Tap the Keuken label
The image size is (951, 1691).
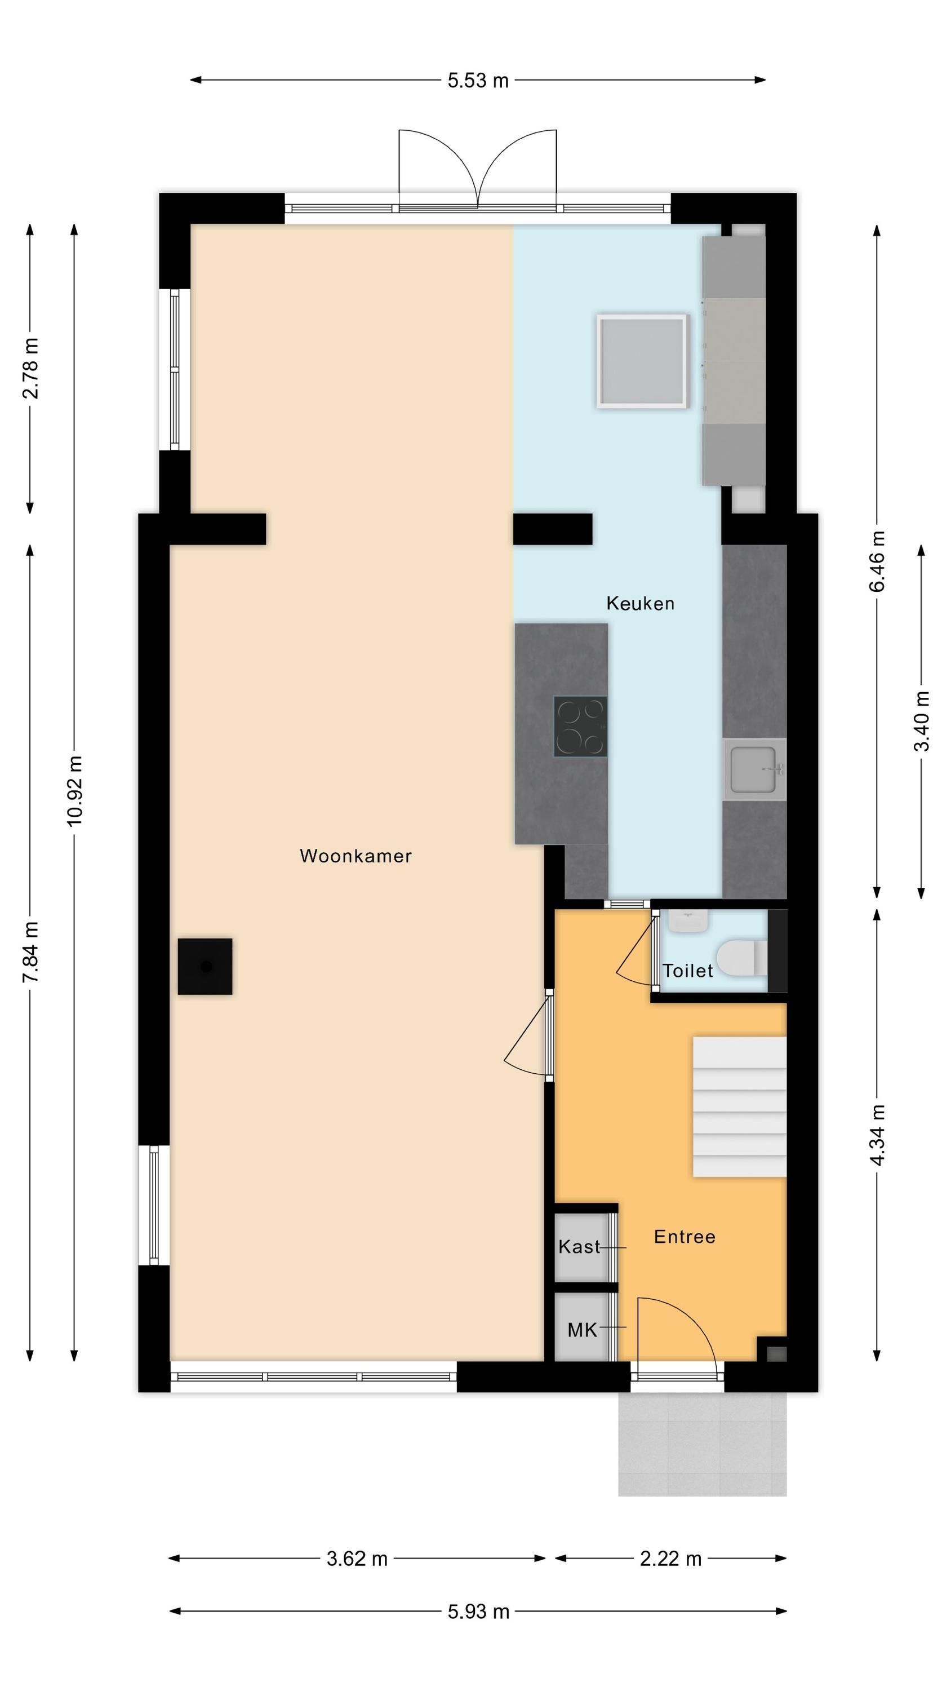click(x=640, y=603)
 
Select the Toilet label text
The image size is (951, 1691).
click(x=688, y=970)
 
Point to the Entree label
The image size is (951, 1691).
click(x=685, y=1236)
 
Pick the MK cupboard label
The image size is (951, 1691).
click(x=582, y=1330)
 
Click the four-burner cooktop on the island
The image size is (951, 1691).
click(x=580, y=726)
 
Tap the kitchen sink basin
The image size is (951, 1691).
click(x=754, y=769)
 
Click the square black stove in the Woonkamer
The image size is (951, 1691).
click(x=205, y=966)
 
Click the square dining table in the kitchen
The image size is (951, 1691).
click(x=642, y=361)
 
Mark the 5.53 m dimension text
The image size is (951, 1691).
click(x=478, y=80)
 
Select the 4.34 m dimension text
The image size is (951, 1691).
click(x=878, y=1134)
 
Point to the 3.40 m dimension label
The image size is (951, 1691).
click(x=922, y=721)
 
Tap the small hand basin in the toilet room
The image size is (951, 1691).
click(x=688, y=920)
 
